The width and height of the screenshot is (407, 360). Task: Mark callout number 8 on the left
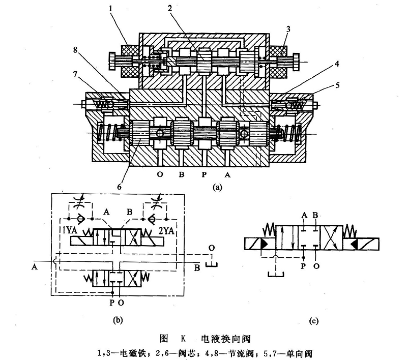[76, 49]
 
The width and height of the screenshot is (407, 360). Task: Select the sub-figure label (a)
[218, 187]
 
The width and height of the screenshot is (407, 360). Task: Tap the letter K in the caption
[183, 338]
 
